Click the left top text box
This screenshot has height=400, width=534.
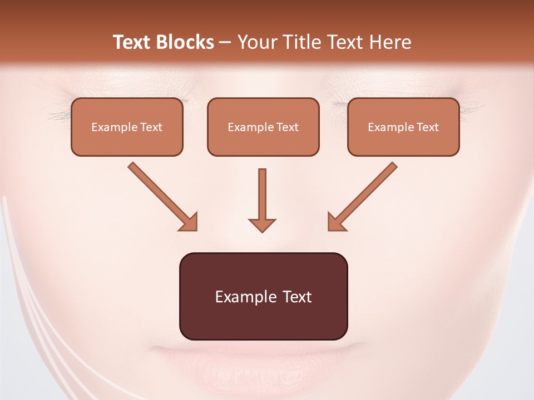(127, 127)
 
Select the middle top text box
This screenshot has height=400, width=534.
(263, 127)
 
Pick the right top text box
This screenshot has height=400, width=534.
(403, 127)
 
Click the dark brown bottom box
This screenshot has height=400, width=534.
(263, 296)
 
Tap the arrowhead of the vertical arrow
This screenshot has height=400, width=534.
(262, 224)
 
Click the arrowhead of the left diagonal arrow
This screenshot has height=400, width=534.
(189, 222)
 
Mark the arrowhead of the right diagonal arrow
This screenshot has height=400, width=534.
(336, 222)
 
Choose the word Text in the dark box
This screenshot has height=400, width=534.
(296, 297)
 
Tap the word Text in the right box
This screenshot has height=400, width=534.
(427, 127)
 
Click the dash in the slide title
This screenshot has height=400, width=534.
(225, 42)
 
